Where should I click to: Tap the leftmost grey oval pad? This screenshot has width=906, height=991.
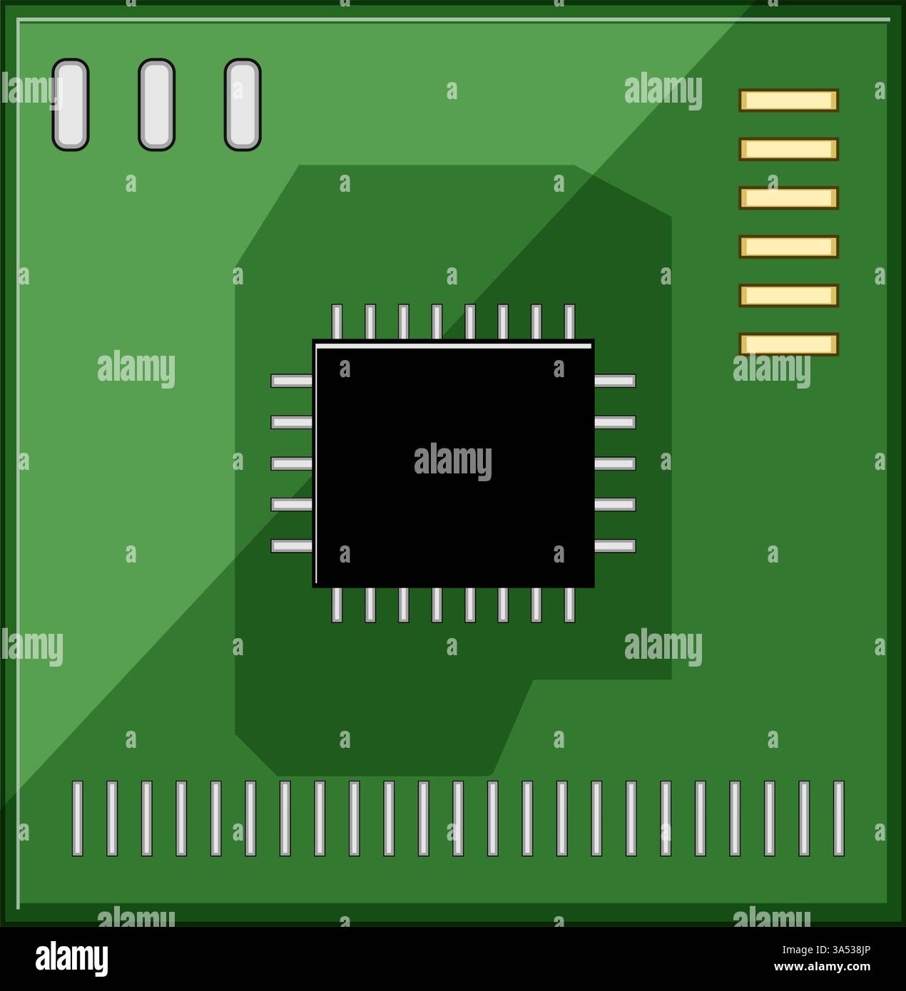71,105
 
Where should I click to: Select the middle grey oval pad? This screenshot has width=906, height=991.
156,105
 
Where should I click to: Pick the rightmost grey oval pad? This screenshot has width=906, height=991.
243,105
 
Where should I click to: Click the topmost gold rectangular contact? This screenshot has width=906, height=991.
788,101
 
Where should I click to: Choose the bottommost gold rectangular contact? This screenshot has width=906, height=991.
788,344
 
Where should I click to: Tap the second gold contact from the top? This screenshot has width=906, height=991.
788,149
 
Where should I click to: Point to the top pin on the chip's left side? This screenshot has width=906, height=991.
292,381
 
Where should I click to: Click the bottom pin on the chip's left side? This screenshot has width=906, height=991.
292,546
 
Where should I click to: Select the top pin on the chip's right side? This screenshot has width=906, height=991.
615,381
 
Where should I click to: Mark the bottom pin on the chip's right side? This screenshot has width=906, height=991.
615,546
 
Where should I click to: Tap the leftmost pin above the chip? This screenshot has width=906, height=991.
337,322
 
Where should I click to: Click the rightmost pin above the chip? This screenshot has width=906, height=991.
569,322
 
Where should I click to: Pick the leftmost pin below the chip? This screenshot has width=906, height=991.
337,605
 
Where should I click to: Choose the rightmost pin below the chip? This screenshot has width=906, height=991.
569,605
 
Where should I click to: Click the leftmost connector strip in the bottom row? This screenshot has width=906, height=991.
78,818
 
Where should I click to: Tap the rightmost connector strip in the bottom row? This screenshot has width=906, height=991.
839,818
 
